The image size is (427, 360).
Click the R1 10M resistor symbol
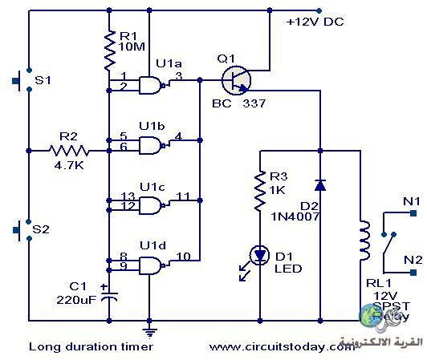(x=109, y=50)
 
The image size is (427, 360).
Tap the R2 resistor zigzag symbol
(x=69, y=151)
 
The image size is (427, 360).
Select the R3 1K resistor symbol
(x=260, y=191)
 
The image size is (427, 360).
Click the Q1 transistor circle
(x=236, y=80)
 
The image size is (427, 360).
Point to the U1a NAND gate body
(x=150, y=86)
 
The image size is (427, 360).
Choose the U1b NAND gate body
(x=150, y=146)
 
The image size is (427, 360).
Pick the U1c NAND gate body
(x=150, y=205)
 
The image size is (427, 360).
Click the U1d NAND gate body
(x=150, y=265)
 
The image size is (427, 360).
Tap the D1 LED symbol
(x=259, y=256)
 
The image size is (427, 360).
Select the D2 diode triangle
(x=320, y=185)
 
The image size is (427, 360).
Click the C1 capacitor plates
(x=109, y=296)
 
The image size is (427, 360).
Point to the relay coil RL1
(x=365, y=241)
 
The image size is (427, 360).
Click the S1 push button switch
(x=22, y=80)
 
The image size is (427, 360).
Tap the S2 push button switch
(x=22, y=230)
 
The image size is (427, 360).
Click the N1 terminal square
(x=413, y=213)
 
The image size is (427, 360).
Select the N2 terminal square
(x=413, y=273)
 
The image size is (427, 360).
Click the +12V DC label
(x=315, y=22)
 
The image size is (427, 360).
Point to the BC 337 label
(x=239, y=103)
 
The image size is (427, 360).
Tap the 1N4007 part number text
(x=295, y=216)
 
